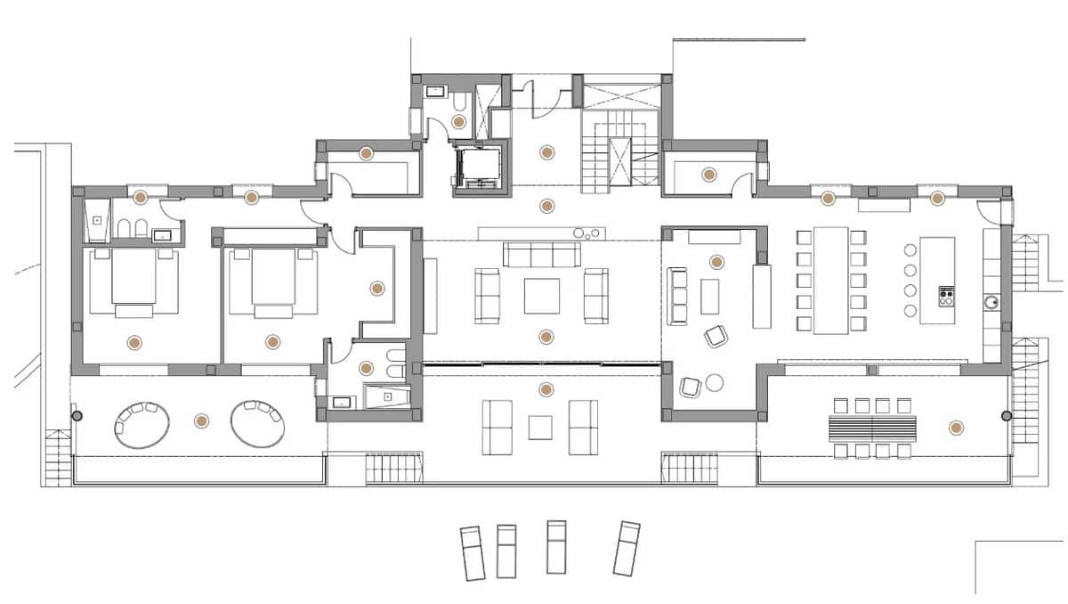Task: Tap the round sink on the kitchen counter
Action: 991,302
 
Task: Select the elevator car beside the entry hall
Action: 480,169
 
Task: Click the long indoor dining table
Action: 831,280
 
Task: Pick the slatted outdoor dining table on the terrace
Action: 873,429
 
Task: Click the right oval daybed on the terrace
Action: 258,423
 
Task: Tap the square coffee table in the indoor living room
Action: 541,297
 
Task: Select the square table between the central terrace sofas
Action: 540,428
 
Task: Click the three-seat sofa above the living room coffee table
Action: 541,256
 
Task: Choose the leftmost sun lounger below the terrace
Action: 472,552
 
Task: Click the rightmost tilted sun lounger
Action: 626,548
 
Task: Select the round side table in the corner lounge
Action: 714,383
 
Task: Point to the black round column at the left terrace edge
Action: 77,416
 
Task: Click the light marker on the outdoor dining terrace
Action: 956,428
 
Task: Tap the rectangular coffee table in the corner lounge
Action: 709,297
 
